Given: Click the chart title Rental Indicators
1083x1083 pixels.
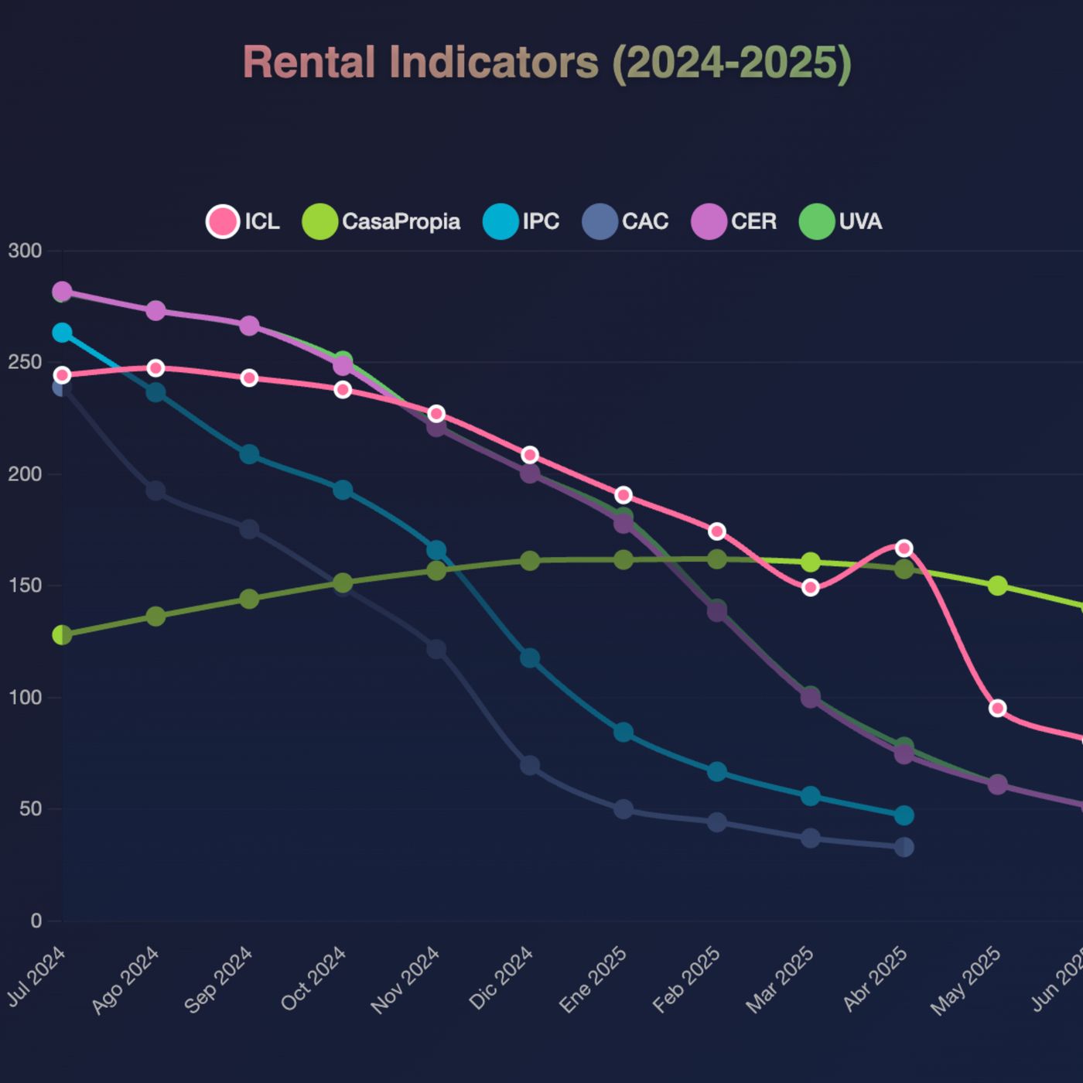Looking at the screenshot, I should (547, 63).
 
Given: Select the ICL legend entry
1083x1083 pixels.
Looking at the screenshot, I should (243, 221).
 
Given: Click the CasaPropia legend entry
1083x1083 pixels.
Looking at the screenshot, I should (381, 221).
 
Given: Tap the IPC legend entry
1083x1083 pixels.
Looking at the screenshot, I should (521, 221).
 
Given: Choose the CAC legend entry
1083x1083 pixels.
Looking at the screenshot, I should (625, 221).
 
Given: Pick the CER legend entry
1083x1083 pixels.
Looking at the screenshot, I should (733, 221).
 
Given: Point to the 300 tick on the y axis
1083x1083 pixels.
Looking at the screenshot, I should (25, 251).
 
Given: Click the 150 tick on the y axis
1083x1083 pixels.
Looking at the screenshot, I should (25, 586).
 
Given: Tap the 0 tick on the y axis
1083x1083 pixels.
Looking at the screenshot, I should (36, 921).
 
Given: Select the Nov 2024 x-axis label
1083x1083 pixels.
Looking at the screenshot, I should (406, 980).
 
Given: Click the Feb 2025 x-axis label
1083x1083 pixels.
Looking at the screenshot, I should (687, 980).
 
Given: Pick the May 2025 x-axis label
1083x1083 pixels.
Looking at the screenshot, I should (966, 981).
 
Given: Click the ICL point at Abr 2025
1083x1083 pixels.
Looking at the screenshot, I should (904, 548).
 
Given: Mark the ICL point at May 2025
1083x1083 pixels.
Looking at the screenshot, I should (998, 708).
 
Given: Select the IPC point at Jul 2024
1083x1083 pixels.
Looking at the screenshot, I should (62, 333).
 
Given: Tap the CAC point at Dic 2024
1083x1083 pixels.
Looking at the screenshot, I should (530, 766).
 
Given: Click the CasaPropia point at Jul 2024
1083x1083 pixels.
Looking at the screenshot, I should (62, 635).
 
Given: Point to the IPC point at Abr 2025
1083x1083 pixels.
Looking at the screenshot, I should (904, 815).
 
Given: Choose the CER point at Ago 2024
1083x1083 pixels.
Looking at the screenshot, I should (155, 311).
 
